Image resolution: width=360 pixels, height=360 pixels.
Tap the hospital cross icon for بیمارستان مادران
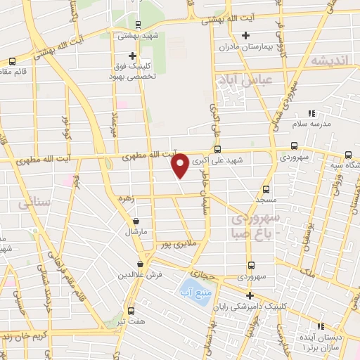tap(245, 35)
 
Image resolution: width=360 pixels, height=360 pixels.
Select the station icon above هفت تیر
tap(131, 310)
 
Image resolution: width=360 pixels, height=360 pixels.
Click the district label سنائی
tap(31, 203)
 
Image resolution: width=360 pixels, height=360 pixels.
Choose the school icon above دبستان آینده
tap(321, 326)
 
